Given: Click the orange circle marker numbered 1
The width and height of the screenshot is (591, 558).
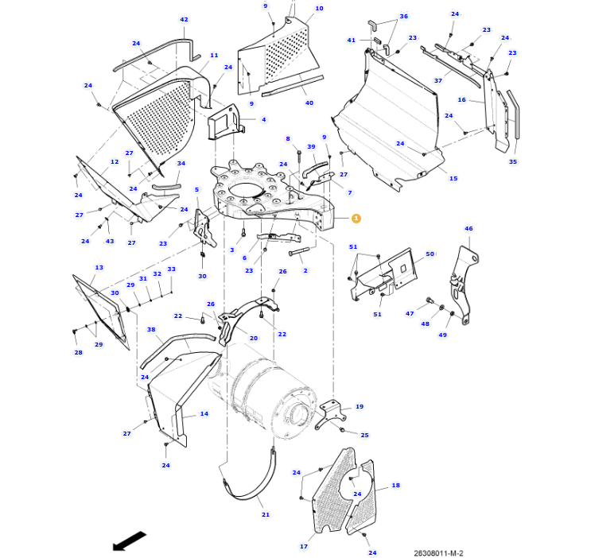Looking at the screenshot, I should pos(356,218).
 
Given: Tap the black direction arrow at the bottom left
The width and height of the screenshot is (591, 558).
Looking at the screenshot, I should pos(129,541).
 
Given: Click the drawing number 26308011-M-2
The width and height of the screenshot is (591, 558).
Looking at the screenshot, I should pos(438,553).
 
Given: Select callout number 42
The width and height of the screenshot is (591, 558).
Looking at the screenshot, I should pos(184,20).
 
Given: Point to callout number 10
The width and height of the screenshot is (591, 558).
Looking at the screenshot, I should pos(319,9).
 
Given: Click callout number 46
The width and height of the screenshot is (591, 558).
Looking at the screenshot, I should pos(469,229).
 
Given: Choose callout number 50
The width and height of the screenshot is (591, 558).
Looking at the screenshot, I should pos(430,254).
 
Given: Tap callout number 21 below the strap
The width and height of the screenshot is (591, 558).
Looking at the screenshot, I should pos(266,514).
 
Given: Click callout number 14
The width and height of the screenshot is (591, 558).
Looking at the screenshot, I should pos(204,414).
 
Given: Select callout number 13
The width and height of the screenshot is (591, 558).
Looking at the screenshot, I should pos(99,268).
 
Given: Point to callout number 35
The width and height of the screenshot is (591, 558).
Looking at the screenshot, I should pos(512,161).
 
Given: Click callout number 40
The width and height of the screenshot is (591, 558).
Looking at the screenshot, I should pos(309,103).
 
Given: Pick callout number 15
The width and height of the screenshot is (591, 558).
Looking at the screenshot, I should pos(453,178).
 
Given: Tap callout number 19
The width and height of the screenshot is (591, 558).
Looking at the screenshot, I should pos(359,406).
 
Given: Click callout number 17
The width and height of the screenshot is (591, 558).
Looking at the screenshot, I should pos(303,546).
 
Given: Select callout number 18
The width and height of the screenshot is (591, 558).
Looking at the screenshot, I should pos(395,485).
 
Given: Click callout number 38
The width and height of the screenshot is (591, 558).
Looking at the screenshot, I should pos(151,330).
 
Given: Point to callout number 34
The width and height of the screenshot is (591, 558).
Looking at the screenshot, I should pos(181,164).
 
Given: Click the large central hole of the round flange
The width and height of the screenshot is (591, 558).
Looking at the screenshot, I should pos(248,191).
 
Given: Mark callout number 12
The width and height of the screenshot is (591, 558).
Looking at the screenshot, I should pos(115,162).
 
